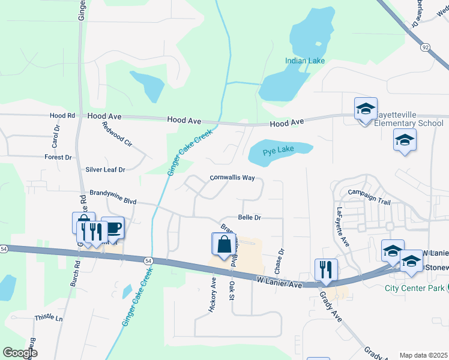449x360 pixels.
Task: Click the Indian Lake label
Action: click(x=304, y=61)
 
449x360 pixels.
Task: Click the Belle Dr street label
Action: click(x=250, y=218)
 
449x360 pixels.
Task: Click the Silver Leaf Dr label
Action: click(x=105, y=170)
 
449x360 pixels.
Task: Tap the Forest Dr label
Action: click(x=58, y=157)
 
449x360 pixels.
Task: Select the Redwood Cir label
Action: click(x=117, y=134)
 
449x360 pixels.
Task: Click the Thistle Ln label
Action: click(x=49, y=317)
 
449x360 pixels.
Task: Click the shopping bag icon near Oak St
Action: click(x=223, y=244)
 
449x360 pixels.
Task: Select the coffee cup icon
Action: click(x=113, y=229)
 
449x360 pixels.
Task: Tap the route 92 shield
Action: click(x=425, y=47)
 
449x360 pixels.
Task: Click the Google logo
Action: click(x=20, y=353)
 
